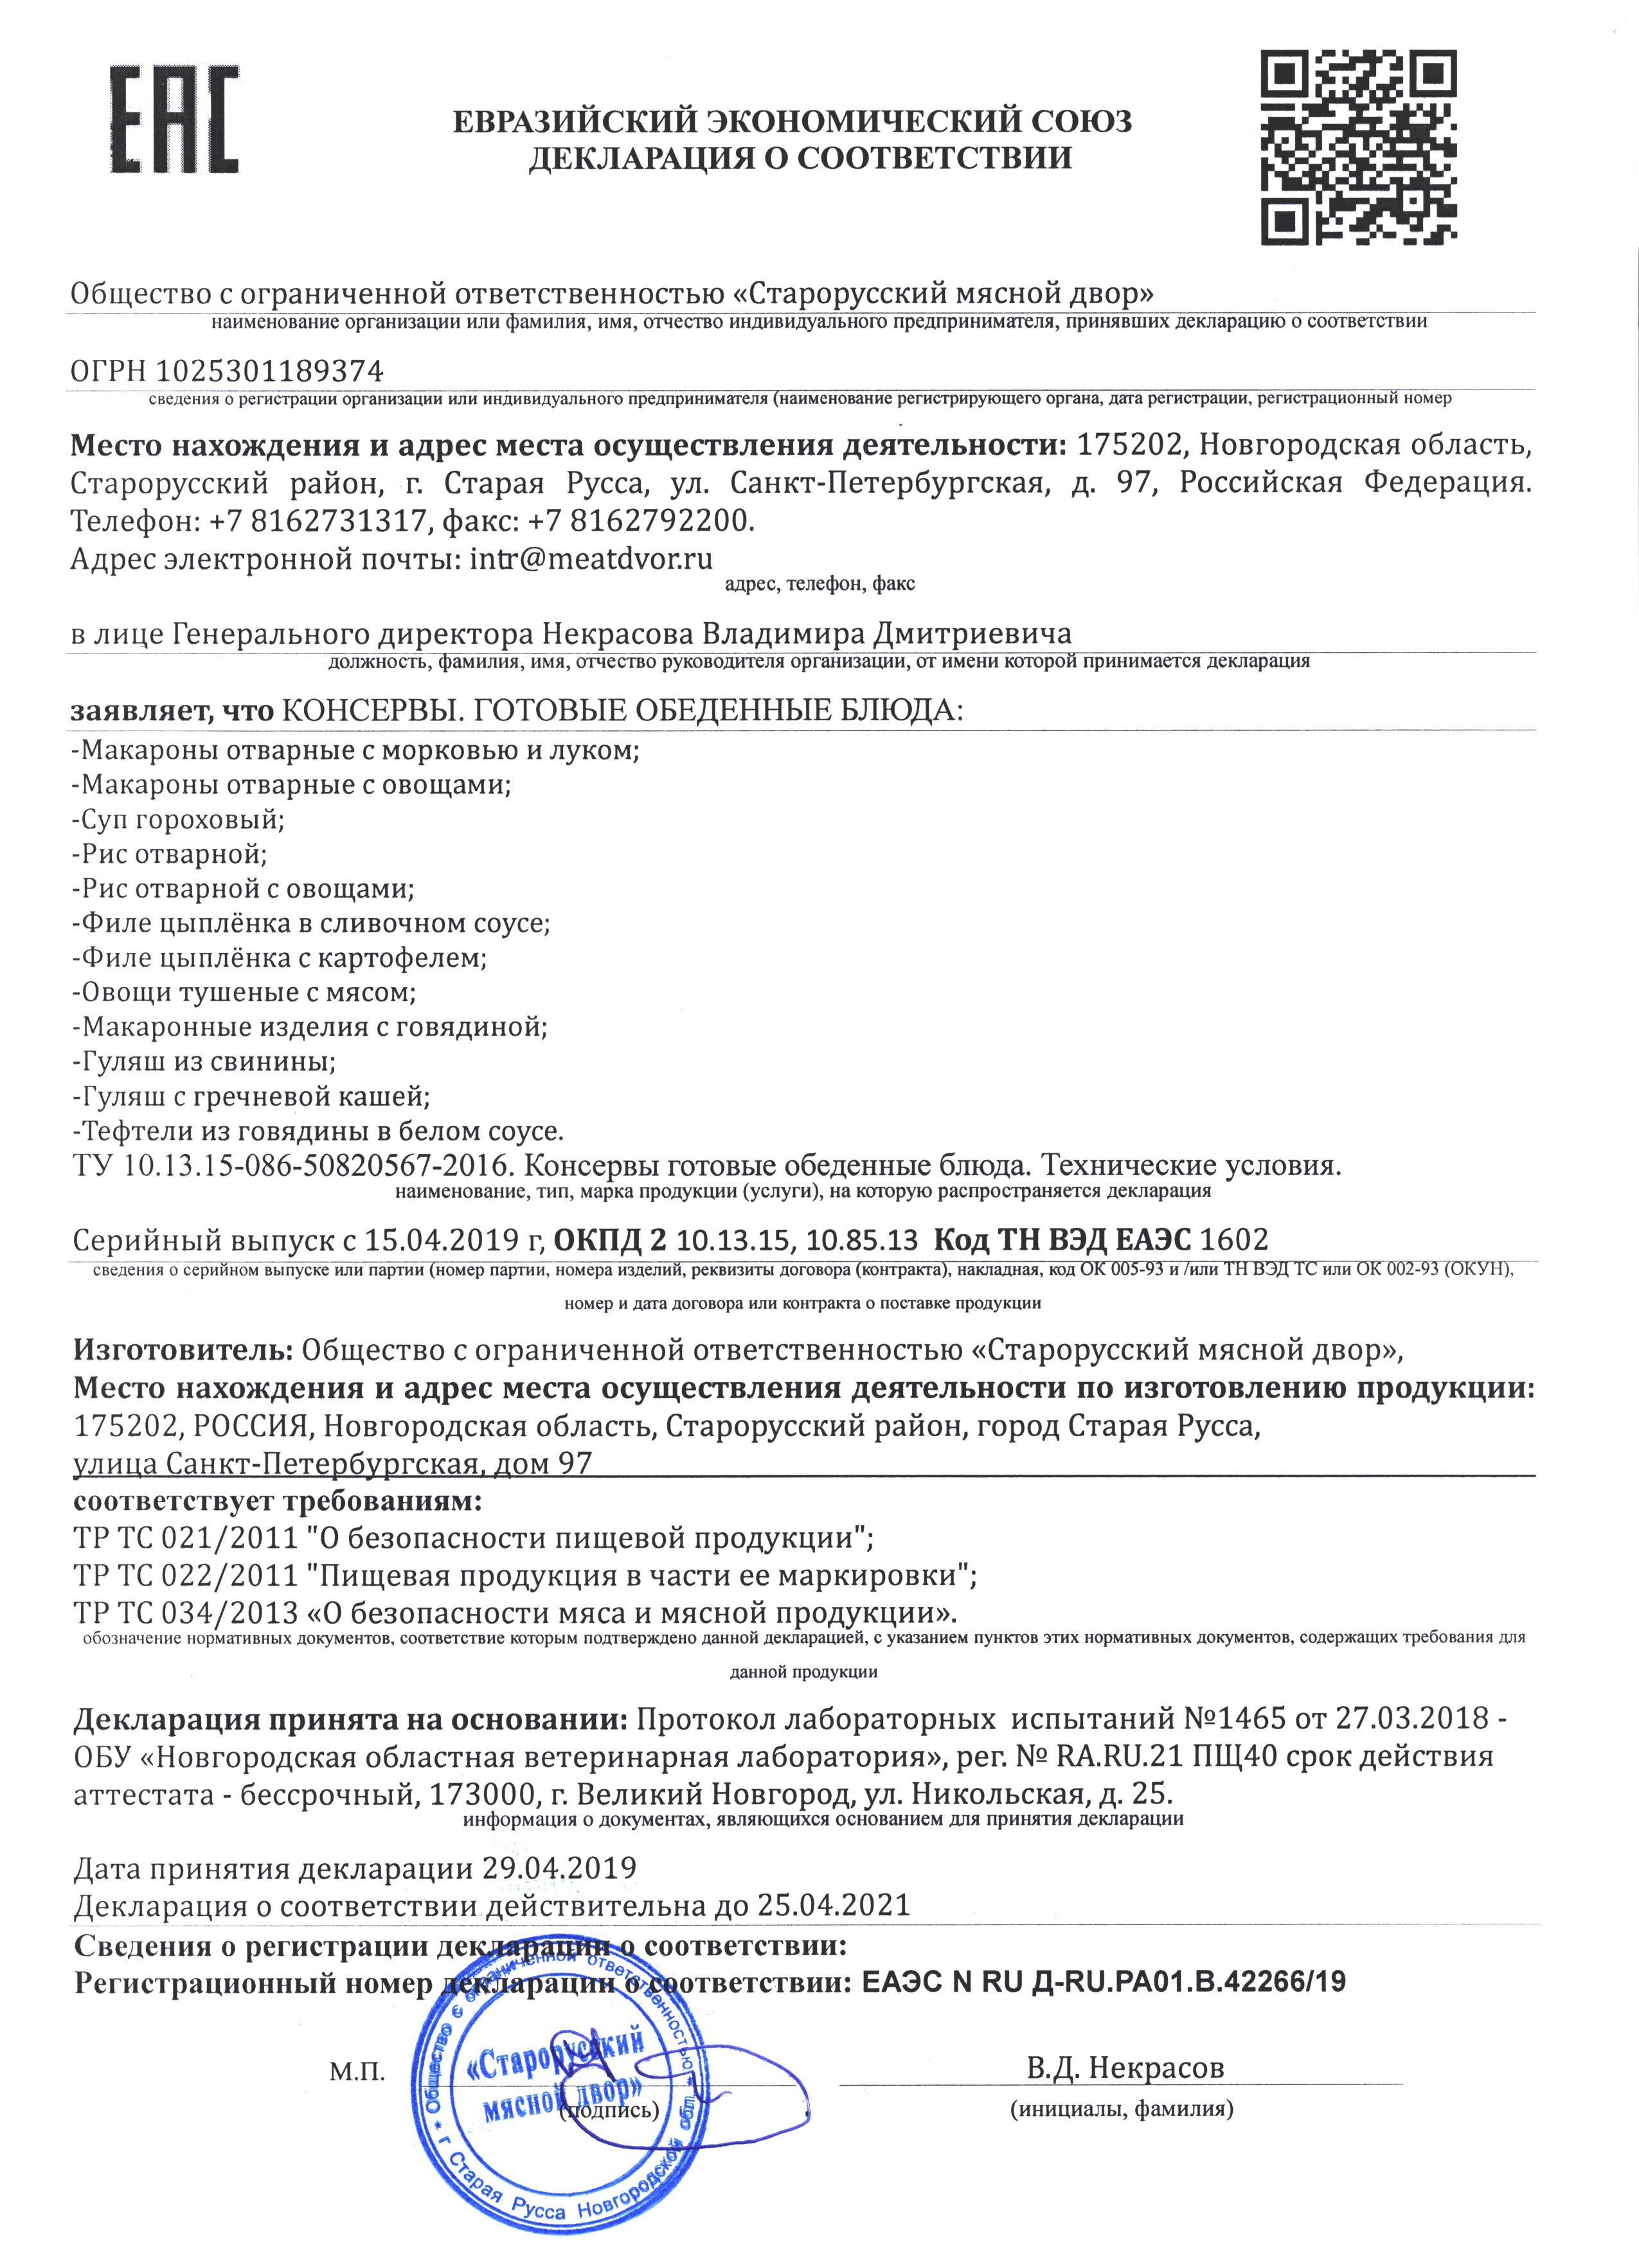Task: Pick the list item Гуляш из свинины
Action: (204, 1061)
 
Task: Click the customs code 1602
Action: (1235, 1239)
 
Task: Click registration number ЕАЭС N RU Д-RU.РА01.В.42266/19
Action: (1103, 1981)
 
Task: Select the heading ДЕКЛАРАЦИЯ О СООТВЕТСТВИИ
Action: (800, 157)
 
